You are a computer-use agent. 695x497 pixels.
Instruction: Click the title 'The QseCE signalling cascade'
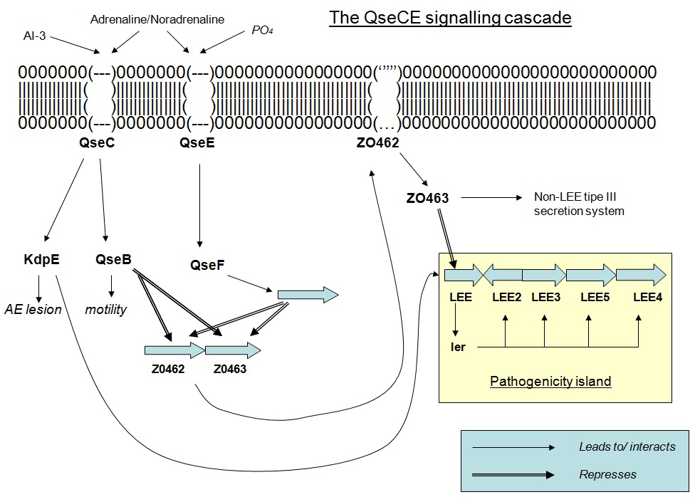[450, 18]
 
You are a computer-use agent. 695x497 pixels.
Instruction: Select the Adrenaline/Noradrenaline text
[157, 19]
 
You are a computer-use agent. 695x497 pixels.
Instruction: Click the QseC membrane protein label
[98, 143]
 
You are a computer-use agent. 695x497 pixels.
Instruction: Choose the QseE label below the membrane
[197, 143]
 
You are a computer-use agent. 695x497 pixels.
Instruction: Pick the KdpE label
[41, 259]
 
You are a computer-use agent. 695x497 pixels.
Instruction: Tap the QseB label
[113, 259]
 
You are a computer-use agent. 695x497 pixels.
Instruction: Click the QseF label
[207, 266]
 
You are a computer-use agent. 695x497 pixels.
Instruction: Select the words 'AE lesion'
[33, 309]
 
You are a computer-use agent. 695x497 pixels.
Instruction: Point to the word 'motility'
[105, 309]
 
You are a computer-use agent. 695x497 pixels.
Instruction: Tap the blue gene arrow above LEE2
[503, 275]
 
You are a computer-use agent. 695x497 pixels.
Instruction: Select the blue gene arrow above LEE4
[640, 275]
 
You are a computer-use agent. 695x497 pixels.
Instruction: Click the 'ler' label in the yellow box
[458, 347]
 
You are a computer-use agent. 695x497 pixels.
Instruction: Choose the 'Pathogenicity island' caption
[550, 381]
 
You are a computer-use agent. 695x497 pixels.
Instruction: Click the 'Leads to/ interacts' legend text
[626, 446]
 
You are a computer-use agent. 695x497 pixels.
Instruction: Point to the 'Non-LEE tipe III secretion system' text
[578, 204]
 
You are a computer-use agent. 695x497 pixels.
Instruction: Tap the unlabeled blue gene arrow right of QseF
[307, 293]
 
